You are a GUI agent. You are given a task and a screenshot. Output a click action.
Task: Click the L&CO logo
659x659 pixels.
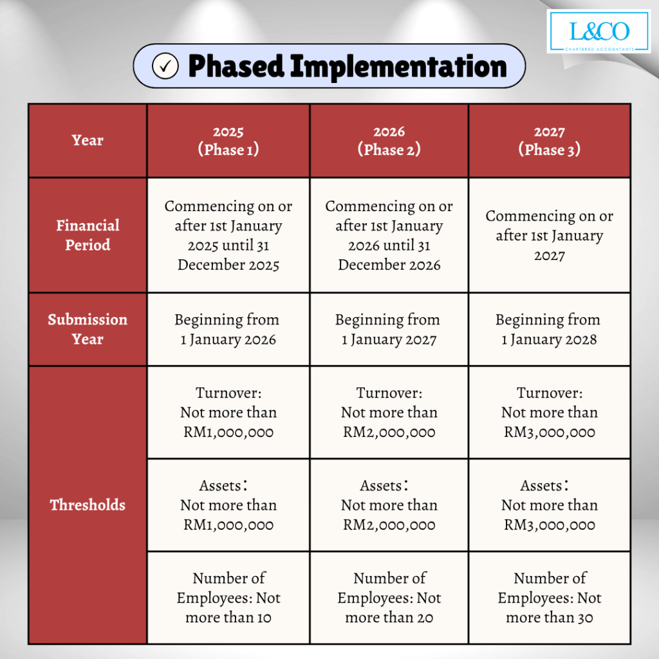pos(599,32)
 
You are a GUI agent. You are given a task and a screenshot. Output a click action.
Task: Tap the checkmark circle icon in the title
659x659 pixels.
pos(165,66)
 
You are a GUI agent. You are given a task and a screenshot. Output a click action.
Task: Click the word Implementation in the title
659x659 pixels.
pos(398,67)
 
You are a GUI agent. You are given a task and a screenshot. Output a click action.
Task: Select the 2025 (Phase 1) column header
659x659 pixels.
pos(228,141)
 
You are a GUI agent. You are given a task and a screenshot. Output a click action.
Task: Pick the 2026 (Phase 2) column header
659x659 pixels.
pos(389,141)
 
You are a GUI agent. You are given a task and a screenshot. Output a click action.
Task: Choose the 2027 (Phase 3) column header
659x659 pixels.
pos(550,141)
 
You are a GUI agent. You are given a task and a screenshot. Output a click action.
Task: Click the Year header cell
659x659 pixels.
pos(88,141)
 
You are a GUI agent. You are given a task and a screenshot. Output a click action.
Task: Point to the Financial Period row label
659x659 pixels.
pos(88,236)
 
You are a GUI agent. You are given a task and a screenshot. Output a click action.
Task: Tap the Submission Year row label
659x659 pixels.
pos(88,329)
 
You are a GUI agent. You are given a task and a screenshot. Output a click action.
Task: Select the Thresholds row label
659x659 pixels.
pos(88,505)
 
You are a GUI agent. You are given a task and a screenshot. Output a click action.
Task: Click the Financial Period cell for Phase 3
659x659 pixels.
pos(550,236)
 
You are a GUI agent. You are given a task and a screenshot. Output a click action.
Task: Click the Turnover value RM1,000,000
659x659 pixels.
pos(228,432)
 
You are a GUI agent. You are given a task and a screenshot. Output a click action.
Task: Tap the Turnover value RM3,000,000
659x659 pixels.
pos(550,432)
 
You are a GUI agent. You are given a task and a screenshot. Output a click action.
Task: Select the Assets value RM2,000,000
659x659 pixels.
pos(389,525)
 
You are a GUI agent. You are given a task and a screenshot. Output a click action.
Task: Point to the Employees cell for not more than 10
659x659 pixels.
pos(228,598)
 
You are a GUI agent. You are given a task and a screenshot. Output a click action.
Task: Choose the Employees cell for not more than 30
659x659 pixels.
pos(550,598)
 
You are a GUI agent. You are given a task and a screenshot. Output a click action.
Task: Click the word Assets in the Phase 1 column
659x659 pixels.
pos(220,486)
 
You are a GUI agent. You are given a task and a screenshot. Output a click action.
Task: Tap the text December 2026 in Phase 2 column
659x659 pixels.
pos(389,265)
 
